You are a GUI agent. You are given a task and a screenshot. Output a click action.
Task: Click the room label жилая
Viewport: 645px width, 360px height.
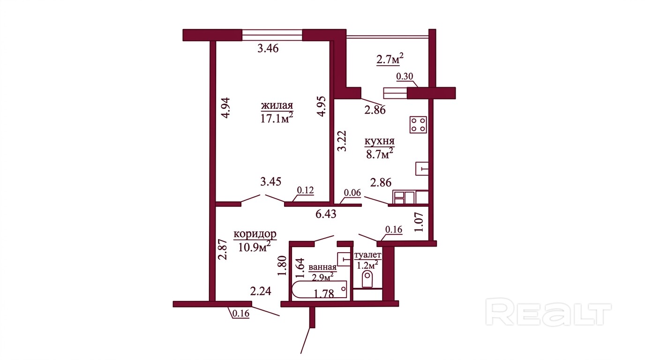pyautogui.click(x=277, y=105)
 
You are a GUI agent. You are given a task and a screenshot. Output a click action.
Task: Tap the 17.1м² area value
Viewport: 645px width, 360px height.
pyautogui.click(x=277, y=118)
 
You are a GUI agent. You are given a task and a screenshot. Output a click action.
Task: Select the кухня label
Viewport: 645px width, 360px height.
pyautogui.click(x=380, y=142)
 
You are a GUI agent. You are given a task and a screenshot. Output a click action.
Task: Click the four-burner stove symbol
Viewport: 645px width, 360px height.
pyautogui.click(x=418, y=125)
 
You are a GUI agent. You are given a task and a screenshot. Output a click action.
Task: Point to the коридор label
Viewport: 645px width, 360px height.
pyautogui.click(x=255, y=234)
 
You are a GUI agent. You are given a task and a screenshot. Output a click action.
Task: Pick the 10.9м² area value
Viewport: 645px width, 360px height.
pyautogui.click(x=254, y=247)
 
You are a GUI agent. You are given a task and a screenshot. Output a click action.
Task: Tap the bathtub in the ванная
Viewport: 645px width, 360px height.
pyautogui.click(x=320, y=290)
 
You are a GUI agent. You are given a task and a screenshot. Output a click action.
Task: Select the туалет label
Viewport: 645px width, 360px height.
pyautogui.click(x=367, y=255)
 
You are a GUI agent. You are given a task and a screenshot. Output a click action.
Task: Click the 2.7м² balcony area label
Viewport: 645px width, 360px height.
pyautogui.click(x=390, y=60)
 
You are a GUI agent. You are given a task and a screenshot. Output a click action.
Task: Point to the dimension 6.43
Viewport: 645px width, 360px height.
pyautogui.click(x=326, y=214)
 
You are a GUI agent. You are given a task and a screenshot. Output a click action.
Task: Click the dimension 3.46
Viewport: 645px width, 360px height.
pyautogui.click(x=268, y=48)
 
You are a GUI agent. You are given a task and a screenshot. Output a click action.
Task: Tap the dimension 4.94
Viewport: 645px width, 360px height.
pyautogui.click(x=225, y=108)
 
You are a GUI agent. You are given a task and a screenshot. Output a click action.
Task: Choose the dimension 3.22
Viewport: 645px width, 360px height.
pyautogui.click(x=342, y=141)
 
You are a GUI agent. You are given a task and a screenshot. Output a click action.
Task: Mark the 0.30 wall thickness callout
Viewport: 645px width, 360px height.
pyautogui.click(x=405, y=76)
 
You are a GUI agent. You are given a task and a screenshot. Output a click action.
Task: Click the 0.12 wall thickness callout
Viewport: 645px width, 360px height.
pyautogui.click(x=305, y=190)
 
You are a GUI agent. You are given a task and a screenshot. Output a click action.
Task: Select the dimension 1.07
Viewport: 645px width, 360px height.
pyautogui.click(x=419, y=222)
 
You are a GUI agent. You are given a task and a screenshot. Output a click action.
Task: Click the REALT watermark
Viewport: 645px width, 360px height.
pyautogui.click(x=548, y=312)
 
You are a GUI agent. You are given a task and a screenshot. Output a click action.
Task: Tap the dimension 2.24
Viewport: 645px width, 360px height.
pyautogui.click(x=261, y=291)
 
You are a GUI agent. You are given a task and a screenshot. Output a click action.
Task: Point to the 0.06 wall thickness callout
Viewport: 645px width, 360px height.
pyautogui.click(x=352, y=193)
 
